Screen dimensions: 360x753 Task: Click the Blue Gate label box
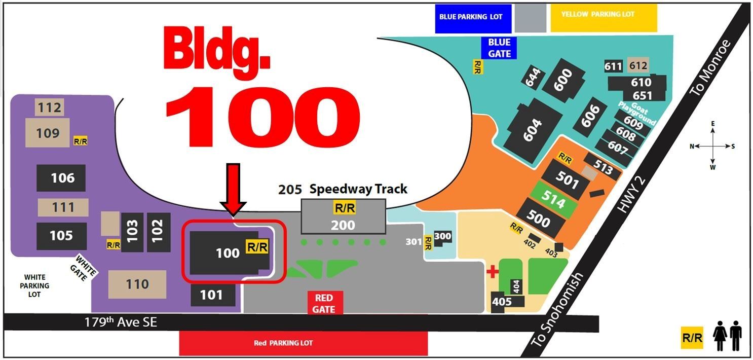tap(499, 48)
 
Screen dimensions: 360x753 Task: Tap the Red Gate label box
tap(324, 303)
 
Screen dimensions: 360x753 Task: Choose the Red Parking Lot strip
tap(303, 343)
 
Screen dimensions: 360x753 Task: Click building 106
tap(61, 178)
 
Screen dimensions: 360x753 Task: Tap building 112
tap(49, 107)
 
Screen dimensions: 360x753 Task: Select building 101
tap(213, 295)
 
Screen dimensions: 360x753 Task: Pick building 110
tap(137, 284)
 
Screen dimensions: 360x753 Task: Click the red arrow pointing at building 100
tap(233, 187)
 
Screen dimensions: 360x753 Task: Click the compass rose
tap(712, 146)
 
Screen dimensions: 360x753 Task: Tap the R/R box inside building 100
tap(257, 247)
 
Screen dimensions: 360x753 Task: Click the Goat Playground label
tap(637, 112)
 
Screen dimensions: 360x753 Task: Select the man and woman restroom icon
tap(728, 338)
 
